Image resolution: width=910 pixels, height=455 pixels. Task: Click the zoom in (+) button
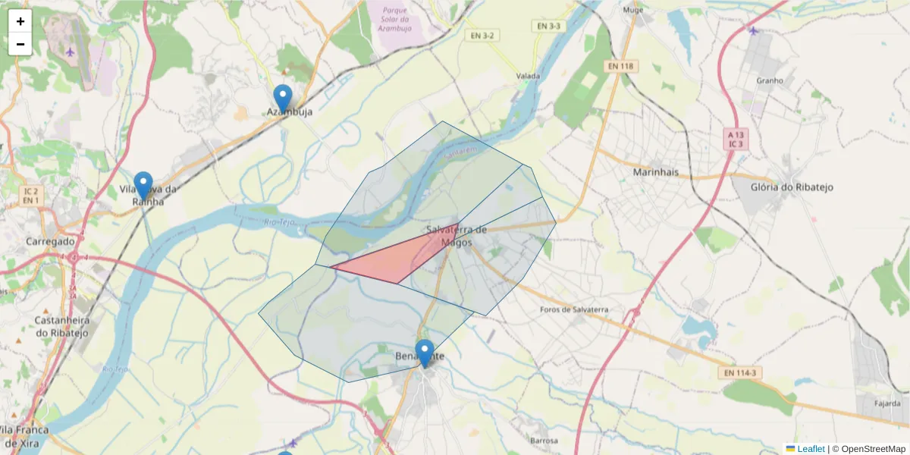coord(20,21)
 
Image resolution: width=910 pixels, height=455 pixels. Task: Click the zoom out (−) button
coord(20,44)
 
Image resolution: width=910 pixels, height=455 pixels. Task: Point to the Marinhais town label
coord(655,172)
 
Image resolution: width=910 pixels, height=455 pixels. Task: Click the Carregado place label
coord(51,241)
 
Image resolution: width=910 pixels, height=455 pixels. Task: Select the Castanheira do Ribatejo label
coord(62,326)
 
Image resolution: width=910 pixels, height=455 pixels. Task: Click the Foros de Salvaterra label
coord(574,309)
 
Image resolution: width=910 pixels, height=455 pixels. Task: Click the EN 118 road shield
coord(621,67)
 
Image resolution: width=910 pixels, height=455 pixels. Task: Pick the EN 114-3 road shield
coord(739,373)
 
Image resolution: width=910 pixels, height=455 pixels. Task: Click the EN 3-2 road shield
coord(482,36)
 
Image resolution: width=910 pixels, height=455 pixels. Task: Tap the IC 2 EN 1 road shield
coord(30,195)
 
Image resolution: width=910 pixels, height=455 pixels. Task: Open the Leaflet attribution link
coord(810,449)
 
